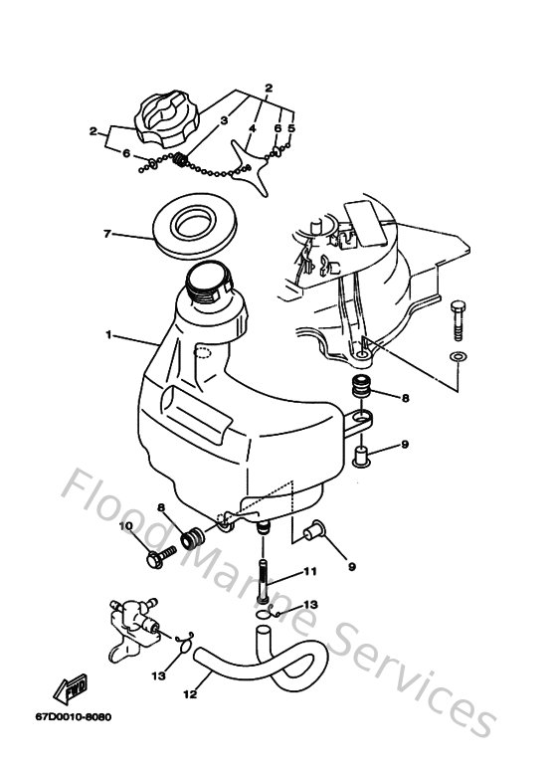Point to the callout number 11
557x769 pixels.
click(x=310, y=571)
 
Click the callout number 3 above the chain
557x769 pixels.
click(x=225, y=120)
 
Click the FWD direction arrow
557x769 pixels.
click(x=71, y=686)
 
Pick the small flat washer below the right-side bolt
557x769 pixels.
click(x=457, y=355)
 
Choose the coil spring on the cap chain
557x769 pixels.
click(x=181, y=159)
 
